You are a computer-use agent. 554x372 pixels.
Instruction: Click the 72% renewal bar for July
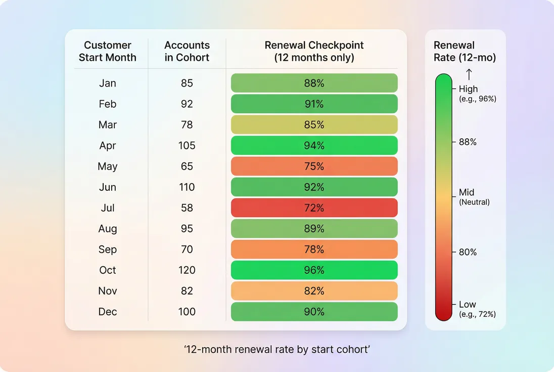pyautogui.click(x=314, y=208)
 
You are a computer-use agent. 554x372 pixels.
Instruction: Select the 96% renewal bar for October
pyautogui.click(x=314, y=270)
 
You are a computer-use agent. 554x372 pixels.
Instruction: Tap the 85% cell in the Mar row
pyautogui.click(x=314, y=125)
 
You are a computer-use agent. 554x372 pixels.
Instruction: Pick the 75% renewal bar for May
pyautogui.click(x=314, y=167)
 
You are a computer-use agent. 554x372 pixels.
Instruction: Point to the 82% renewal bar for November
pyautogui.click(x=314, y=291)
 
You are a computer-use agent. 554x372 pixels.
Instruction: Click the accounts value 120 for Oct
pyautogui.click(x=187, y=270)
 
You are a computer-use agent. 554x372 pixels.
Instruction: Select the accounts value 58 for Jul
pyautogui.click(x=187, y=208)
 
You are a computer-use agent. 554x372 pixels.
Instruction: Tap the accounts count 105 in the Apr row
pyautogui.click(x=187, y=146)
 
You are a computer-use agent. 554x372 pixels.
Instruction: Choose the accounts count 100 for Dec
pyautogui.click(x=187, y=312)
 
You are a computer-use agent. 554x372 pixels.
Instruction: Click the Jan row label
pyautogui.click(x=108, y=83)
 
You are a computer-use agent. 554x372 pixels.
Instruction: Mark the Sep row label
pyautogui.click(x=108, y=250)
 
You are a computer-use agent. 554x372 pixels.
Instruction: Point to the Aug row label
pyautogui.click(x=108, y=229)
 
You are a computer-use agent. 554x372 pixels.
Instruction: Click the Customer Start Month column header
pyautogui.click(x=108, y=51)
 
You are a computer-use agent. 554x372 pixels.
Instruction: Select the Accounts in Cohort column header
pyautogui.click(x=187, y=51)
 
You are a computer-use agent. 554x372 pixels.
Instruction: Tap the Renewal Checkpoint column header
pyautogui.click(x=314, y=51)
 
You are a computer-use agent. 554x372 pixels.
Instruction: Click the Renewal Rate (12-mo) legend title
pyautogui.click(x=465, y=51)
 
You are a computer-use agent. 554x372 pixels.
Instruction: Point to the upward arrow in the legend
pyautogui.click(x=469, y=74)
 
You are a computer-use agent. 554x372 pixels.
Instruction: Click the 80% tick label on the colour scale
pyautogui.click(x=468, y=252)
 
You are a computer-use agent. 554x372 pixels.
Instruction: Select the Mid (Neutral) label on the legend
pyautogui.click(x=474, y=196)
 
